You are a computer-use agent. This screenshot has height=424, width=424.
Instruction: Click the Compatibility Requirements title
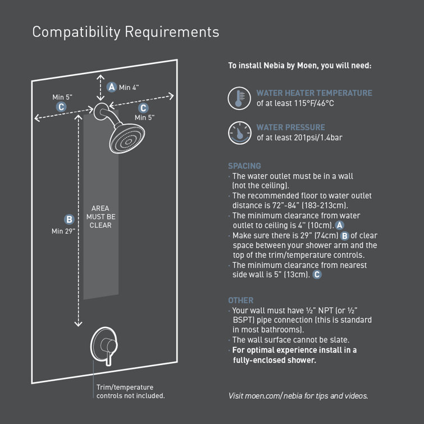(x=125, y=32)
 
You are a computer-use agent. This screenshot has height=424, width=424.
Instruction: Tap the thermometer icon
(x=239, y=98)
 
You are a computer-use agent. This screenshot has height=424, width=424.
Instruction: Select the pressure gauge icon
(x=239, y=133)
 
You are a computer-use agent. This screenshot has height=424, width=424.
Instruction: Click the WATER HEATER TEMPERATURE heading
(x=314, y=93)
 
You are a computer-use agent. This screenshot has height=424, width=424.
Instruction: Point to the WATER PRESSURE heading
(x=290, y=127)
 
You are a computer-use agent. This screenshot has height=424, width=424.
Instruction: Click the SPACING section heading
(x=244, y=166)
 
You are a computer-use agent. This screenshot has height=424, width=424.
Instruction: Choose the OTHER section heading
(x=240, y=300)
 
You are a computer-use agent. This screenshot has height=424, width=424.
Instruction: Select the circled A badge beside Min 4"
(x=112, y=87)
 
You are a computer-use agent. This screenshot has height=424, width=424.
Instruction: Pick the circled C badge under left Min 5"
(x=61, y=107)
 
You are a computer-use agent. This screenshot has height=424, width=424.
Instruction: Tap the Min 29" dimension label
(x=63, y=231)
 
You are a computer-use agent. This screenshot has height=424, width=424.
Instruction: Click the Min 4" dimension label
(x=129, y=87)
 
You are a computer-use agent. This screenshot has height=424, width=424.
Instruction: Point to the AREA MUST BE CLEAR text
(x=101, y=217)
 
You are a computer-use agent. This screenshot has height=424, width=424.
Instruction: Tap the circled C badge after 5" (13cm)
(x=317, y=275)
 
